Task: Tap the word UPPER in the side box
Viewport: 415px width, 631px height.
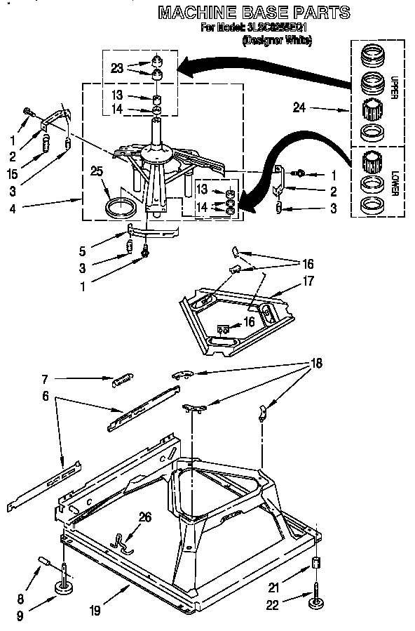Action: click(x=393, y=87)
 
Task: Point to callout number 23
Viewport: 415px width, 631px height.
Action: click(x=118, y=68)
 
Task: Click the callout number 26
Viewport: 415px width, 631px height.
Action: click(x=144, y=517)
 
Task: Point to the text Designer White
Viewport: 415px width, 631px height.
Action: click(x=277, y=41)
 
